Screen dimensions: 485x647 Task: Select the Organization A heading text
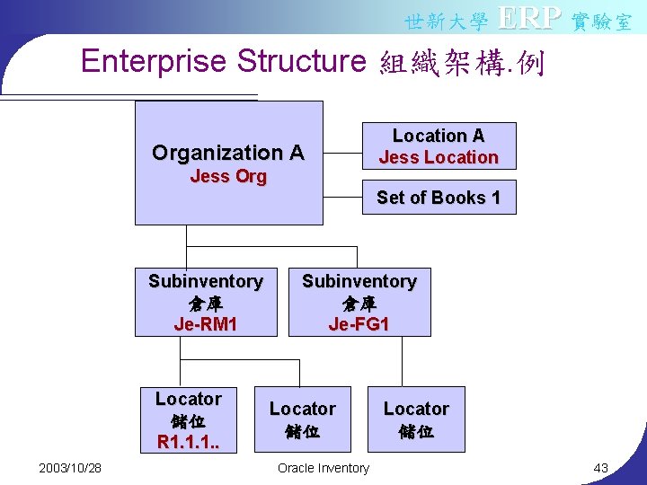(x=228, y=153)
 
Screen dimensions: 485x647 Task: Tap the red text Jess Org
(x=228, y=176)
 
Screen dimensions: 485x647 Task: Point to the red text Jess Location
(x=439, y=158)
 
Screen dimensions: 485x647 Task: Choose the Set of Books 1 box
(x=439, y=198)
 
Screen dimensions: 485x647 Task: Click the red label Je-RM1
(x=206, y=324)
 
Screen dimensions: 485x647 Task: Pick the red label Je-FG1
(x=359, y=324)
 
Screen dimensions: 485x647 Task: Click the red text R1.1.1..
(x=189, y=442)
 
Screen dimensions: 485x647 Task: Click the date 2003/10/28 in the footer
(x=70, y=468)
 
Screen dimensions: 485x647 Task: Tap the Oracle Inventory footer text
(x=323, y=468)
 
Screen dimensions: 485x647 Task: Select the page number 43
(x=601, y=468)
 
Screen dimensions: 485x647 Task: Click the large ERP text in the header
(x=529, y=17)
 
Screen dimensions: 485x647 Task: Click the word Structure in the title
(x=301, y=61)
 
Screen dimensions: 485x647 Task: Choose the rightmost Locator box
(x=416, y=419)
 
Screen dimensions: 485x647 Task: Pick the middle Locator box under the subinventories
(x=303, y=419)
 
